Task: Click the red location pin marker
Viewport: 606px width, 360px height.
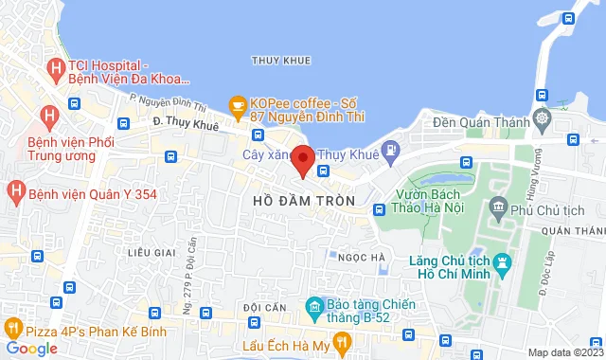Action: click(x=302, y=159)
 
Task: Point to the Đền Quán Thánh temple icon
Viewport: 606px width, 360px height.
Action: click(x=541, y=119)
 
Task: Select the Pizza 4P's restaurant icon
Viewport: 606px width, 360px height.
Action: click(x=12, y=329)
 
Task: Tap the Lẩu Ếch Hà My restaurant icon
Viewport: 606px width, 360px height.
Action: click(x=251, y=347)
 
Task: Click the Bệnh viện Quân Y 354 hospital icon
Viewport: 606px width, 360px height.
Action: click(x=15, y=191)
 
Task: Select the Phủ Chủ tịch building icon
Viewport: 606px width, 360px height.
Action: click(x=500, y=207)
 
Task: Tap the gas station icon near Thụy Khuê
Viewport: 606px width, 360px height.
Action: click(x=388, y=150)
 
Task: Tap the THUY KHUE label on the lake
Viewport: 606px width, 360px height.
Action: click(x=281, y=61)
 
